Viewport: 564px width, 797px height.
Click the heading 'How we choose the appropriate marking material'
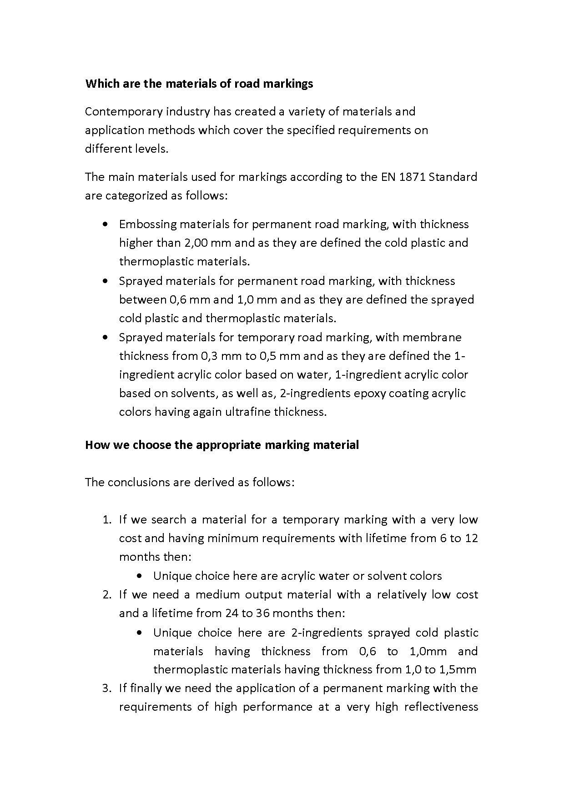222,444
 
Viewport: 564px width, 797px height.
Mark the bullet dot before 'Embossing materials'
106,224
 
